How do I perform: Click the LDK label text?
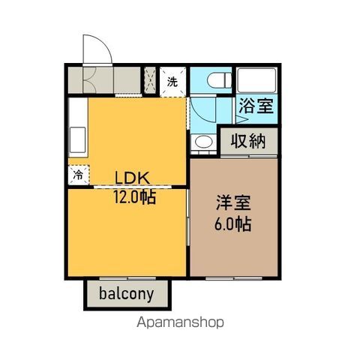(133, 178)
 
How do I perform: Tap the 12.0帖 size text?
(135, 198)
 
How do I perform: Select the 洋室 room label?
(233, 202)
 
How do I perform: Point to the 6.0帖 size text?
(233, 223)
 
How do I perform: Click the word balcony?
(127, 294)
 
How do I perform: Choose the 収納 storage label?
(248, 140)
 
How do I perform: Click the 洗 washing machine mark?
(172, 81)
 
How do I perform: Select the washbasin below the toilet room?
(202, 142)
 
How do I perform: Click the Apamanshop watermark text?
(180, 323)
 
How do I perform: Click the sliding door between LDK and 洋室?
(187, 232)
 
